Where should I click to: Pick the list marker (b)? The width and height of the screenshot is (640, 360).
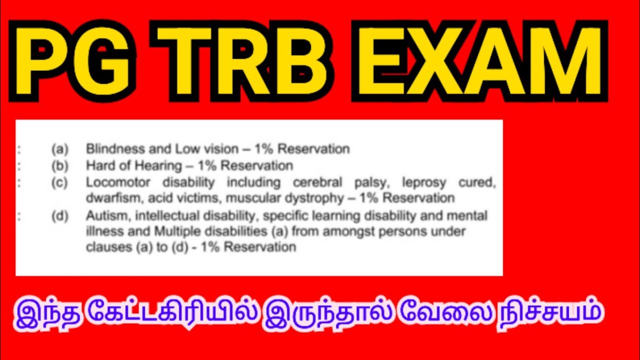point(59,165)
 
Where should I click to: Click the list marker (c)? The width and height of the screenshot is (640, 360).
point(59,182)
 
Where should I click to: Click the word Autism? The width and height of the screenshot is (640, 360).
point(102,216)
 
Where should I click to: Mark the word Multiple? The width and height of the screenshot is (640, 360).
point(176,231)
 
